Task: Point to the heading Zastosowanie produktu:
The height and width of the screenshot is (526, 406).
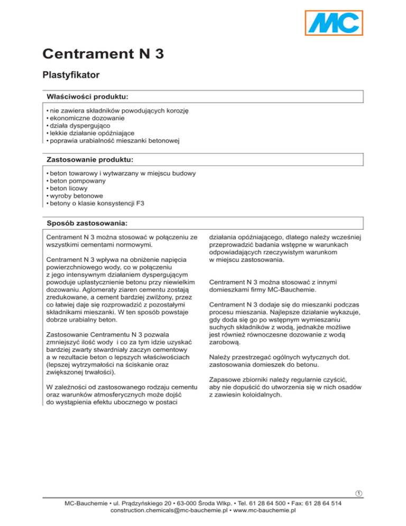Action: [x=90, y=159]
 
